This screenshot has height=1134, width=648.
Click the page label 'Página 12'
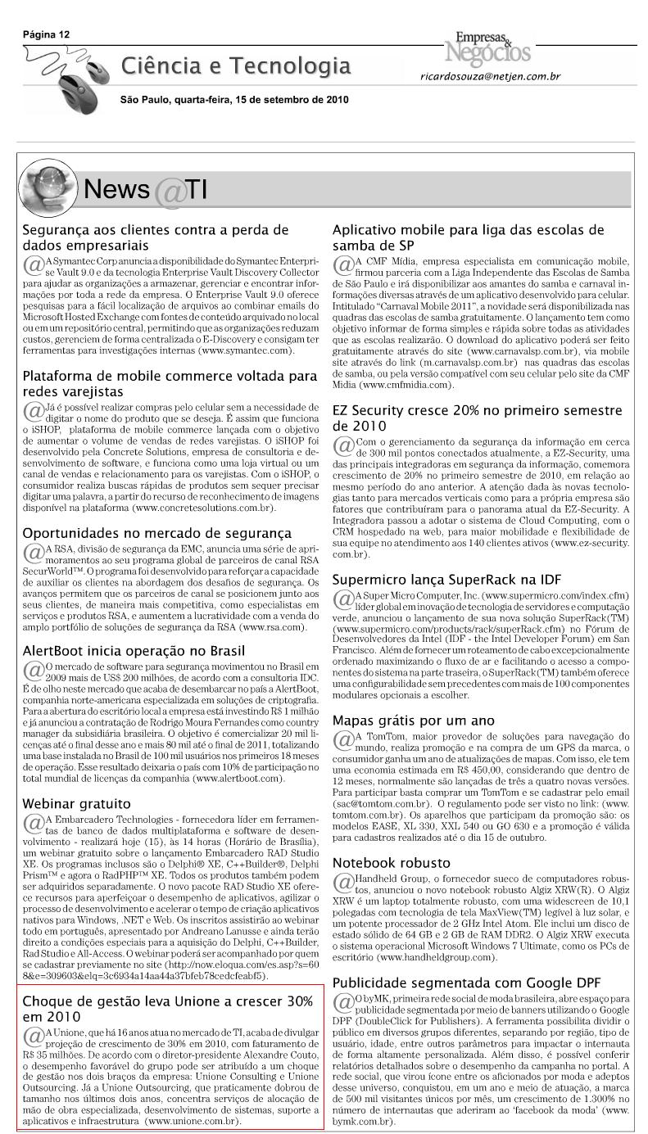pyautogui.click(x=47, y=34)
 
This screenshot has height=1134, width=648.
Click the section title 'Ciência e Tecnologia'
pyautogui.click(x=236, y=66)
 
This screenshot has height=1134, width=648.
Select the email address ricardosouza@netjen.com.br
pyautogui.click(x=490, y=76)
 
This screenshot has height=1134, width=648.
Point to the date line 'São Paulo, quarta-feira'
pyautogui.click(x=234, y=100)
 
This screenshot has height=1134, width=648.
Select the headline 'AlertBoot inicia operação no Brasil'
pyautogui.click(x=134, y=651)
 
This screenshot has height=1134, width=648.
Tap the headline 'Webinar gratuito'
pyautogui.click(x=76, y=803)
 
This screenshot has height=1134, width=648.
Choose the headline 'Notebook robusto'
pyautogui.click(x=392, y=863)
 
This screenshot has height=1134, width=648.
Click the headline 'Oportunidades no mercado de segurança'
pyautogui.click(x=157, y=533)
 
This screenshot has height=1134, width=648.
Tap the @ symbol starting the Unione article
pyautogui.click(x=34, y=1037)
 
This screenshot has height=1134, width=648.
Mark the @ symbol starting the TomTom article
pyautogui.click(x=343, y=740)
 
